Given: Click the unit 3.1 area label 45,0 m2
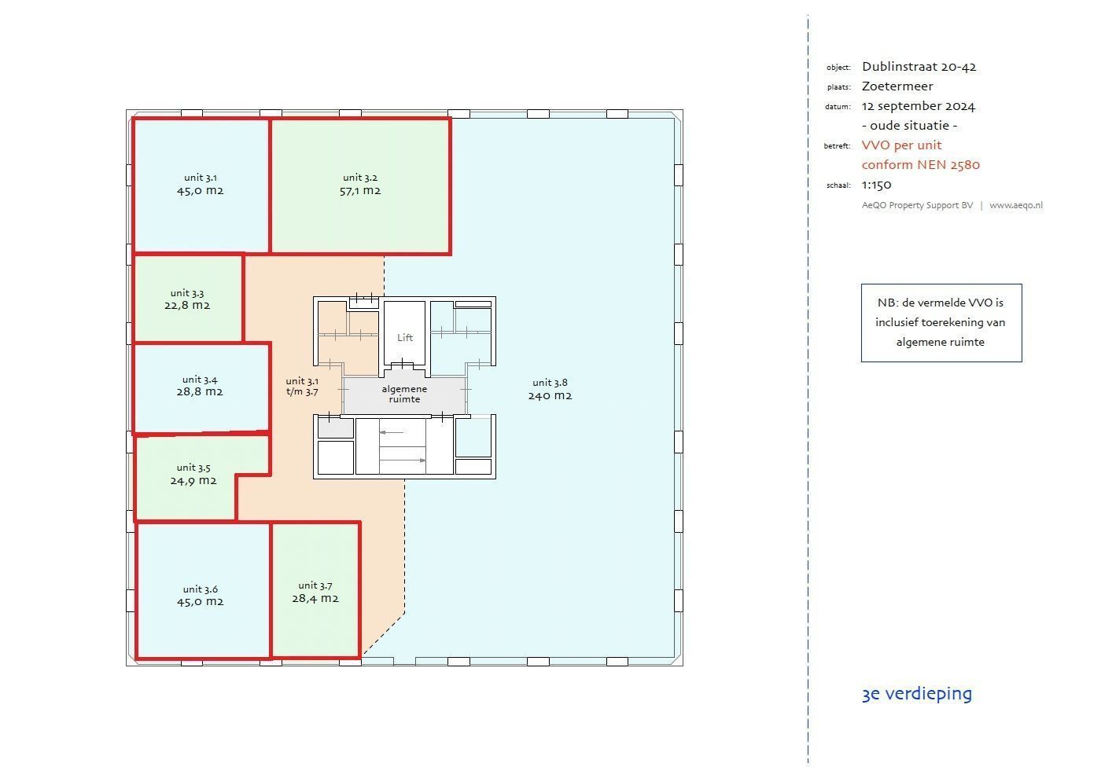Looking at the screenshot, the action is tap(200, 190).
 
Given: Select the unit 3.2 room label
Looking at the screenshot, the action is tap(360, 178).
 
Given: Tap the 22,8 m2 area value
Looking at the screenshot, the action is tap(187, 305).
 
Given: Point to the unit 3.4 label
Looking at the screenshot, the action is tap(200, 380).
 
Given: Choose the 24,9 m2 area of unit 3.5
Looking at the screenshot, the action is tap(193, 480).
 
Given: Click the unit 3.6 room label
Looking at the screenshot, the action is tap(200, 589).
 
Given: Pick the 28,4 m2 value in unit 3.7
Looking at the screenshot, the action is tap(315, 598).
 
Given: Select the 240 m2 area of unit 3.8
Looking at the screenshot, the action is tap(550, 396).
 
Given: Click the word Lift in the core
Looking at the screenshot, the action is tap(405, 337).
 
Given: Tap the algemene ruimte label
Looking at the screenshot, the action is tap(404, 394).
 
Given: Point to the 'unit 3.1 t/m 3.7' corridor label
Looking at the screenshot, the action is tap(302, 387).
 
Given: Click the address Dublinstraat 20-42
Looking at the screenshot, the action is tap(919, 67).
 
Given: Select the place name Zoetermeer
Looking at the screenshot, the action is tap(897, 86).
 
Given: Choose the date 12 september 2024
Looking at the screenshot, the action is tap(919, 106).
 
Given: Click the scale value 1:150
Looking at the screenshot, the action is tap(876, 185).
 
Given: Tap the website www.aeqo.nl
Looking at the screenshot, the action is tap(1016, 205).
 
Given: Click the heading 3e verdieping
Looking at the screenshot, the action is tap(917, 693).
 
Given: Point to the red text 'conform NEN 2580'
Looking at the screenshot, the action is tap(921, 165).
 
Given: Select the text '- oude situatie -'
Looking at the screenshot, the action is tap(909, 126).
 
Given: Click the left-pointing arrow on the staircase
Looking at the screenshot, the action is tap(392, 432).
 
